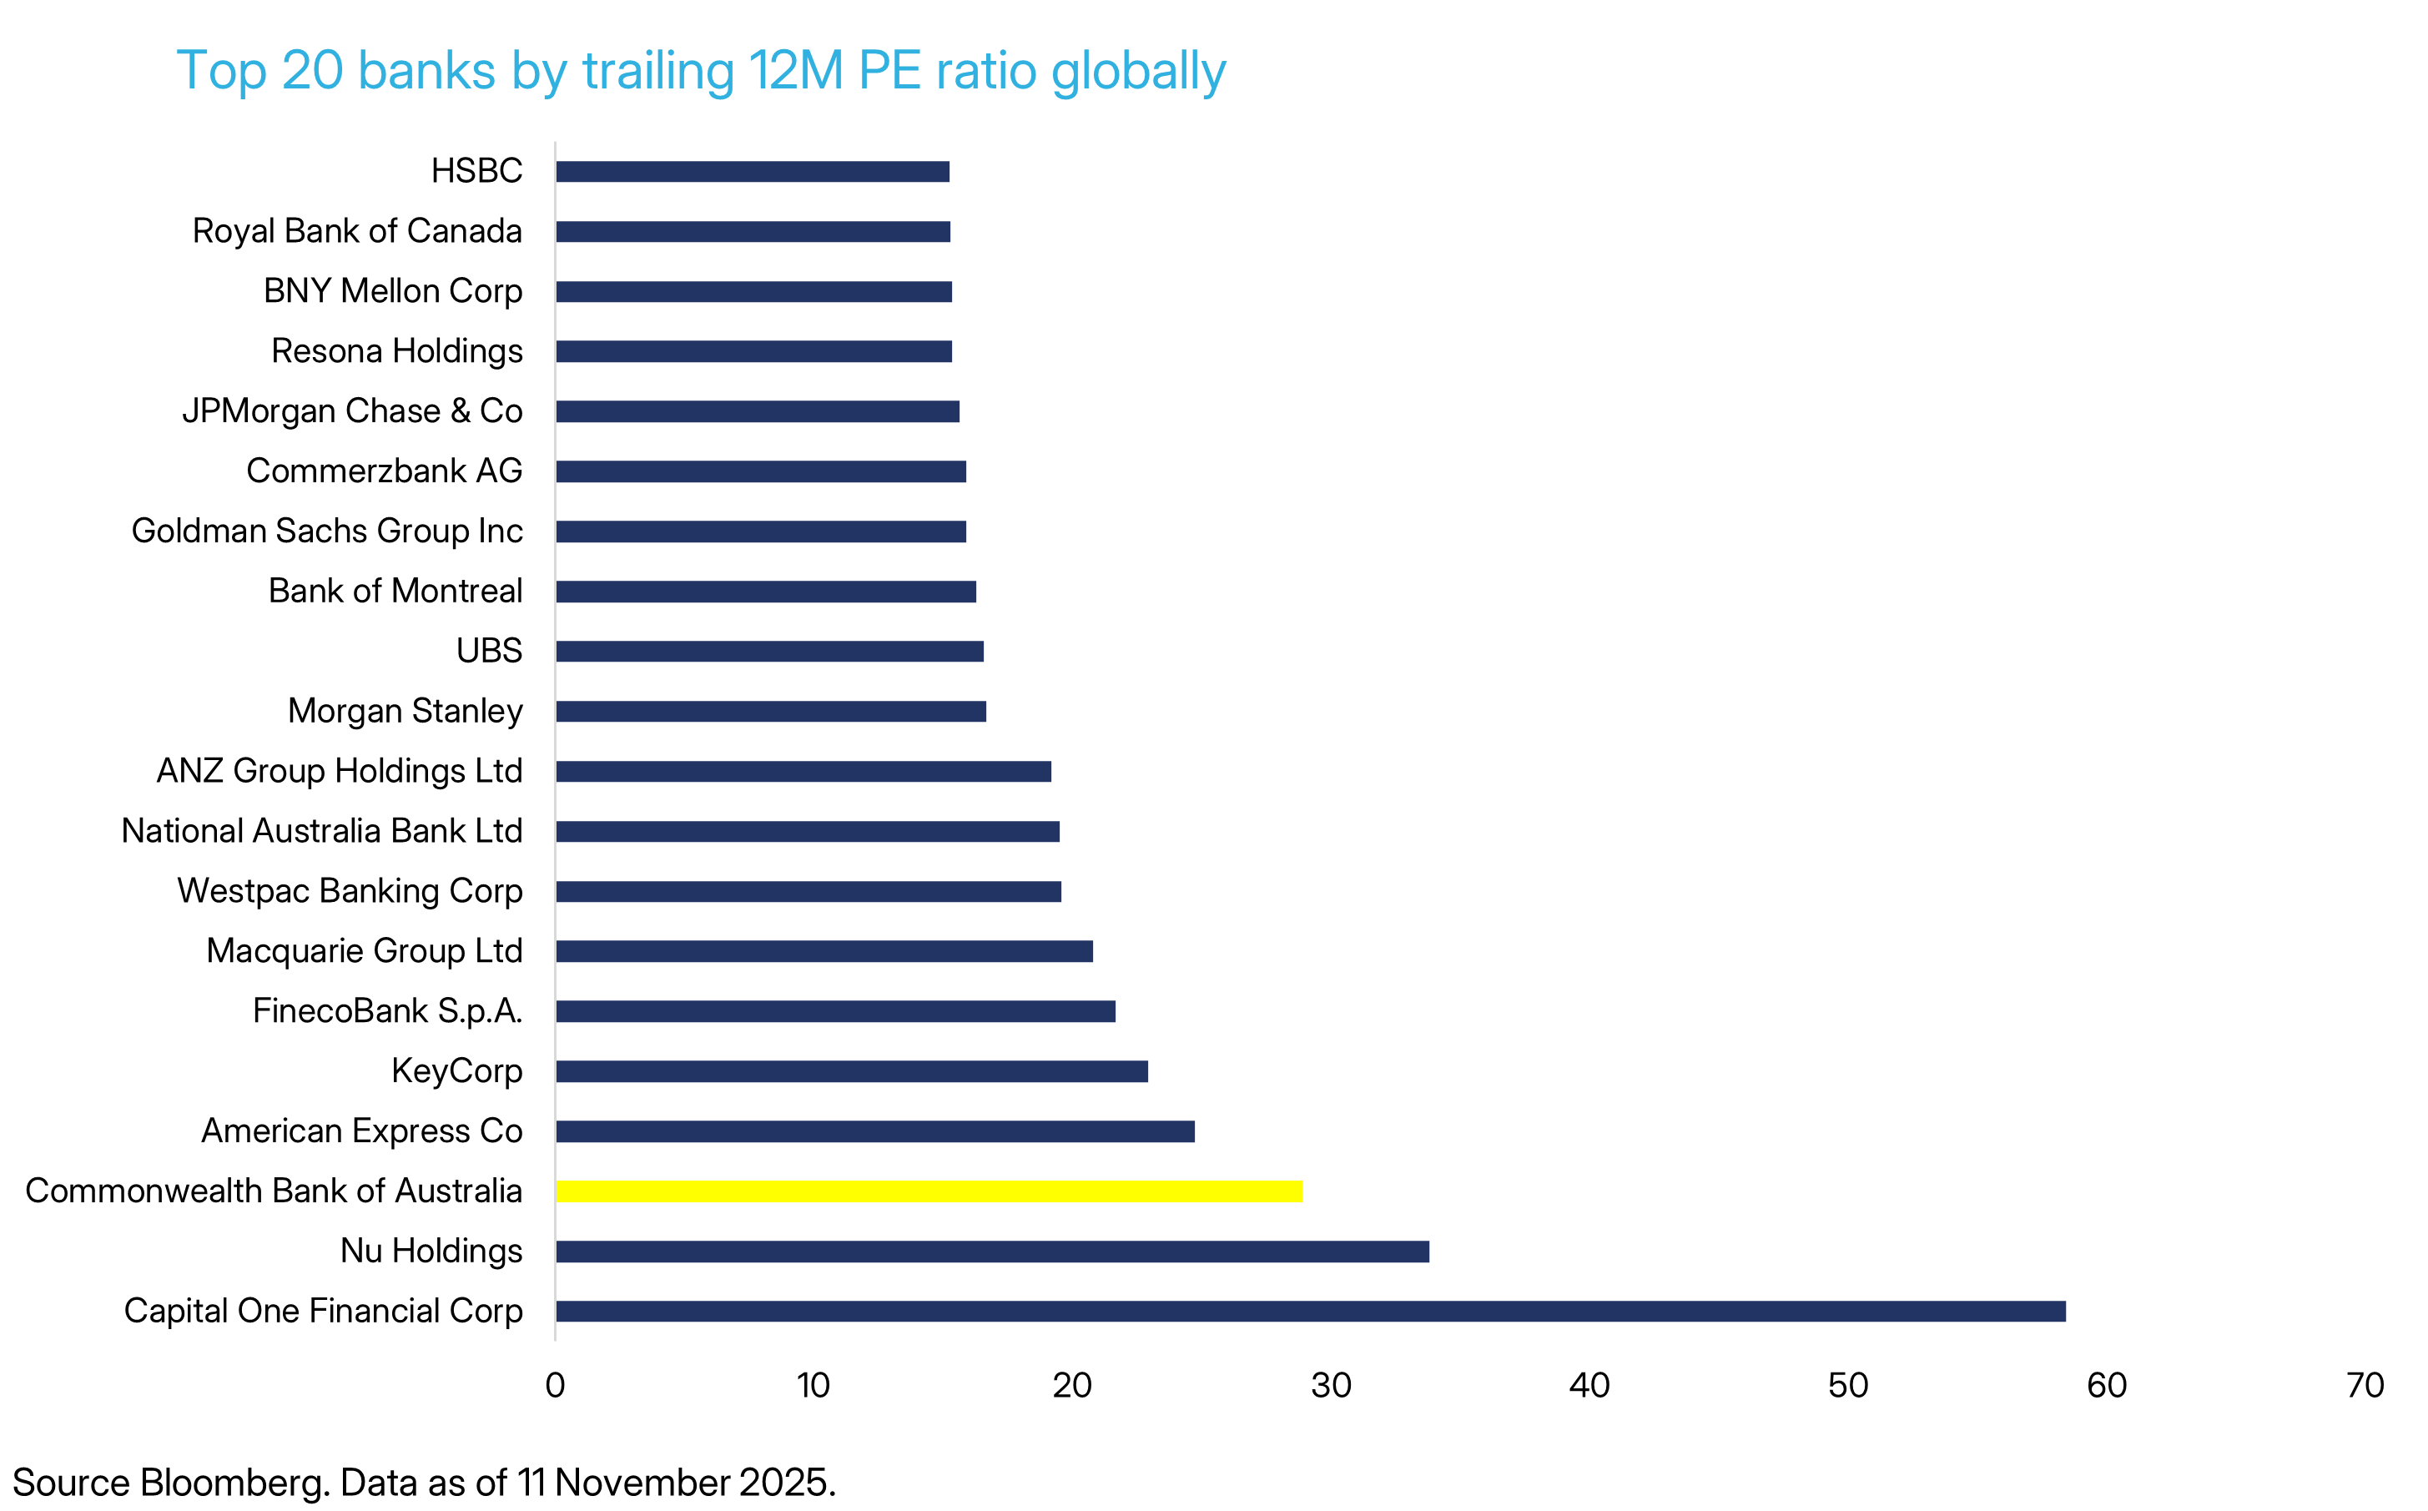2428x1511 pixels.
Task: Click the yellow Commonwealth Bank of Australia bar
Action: click(929, 1191)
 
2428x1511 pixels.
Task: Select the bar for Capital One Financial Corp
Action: click(1310, 1311)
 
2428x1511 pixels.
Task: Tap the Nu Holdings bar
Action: click(992, 1252)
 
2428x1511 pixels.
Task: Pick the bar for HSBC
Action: click(753, 172)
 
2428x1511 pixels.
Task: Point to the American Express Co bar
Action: click(875, 1131)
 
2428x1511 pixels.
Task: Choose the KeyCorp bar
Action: click(851, 1071)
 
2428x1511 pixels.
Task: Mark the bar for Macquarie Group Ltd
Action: click(824, 951)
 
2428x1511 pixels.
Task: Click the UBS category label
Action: click(489, 652)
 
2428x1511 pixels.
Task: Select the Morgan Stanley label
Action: click(405, 712)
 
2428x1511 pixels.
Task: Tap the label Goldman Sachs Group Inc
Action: click(327, 531)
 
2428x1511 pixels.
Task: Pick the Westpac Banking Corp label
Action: click(350, 891)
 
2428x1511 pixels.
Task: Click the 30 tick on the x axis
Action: click(1331, 1386)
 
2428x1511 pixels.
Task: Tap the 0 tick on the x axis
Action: click(556, 1386)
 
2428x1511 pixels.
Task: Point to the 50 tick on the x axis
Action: click(1847, 1386)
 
